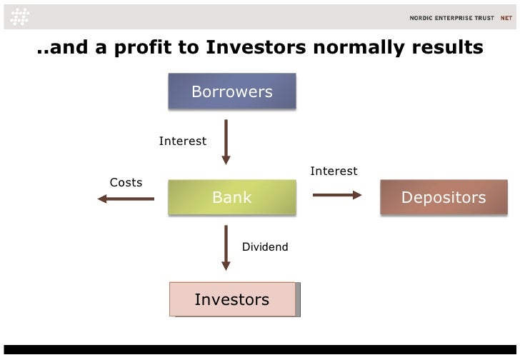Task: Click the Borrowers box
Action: click(232, 91)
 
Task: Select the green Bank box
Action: click(232, 197)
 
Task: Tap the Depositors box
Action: click(444, 197)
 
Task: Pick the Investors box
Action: click(232, 299)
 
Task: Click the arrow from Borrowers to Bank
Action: click(226, 141)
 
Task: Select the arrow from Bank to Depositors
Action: click(337, 194)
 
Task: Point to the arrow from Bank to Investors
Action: click(226, 247)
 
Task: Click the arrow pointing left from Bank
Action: click(126, 199)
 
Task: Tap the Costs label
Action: click(126, 183)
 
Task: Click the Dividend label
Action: click(265, 247)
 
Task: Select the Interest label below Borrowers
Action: click(183, 141)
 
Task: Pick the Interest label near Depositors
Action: click(334, 171)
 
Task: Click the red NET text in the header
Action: click(505, 18)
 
